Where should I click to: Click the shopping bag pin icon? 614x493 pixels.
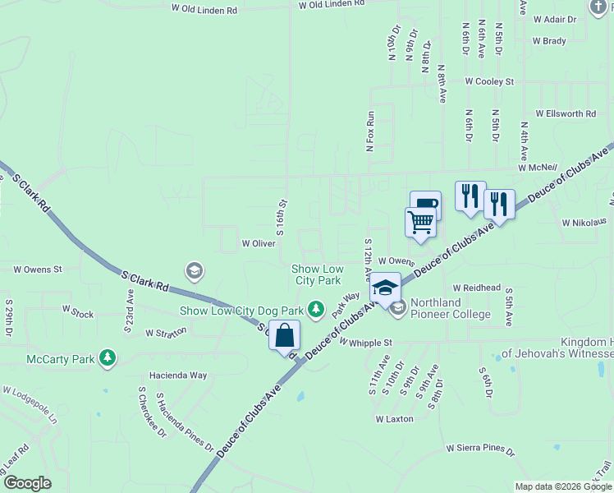(284, 336)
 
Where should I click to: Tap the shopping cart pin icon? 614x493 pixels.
(420, 223)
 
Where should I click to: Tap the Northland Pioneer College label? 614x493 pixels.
(451, 308)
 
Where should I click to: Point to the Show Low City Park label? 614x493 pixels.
(317, 274)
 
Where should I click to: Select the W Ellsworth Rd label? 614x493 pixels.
(566, 113)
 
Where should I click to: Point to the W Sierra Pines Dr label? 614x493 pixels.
(480, 449)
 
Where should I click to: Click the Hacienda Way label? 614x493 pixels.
(177, 375)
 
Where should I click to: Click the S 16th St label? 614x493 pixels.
(281, 216)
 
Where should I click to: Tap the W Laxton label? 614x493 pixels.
(394, 419)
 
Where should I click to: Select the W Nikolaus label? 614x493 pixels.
(584, 222)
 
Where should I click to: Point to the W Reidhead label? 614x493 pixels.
(470, 288)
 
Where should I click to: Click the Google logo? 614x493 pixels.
(27, 483)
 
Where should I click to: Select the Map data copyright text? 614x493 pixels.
(563, 486)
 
